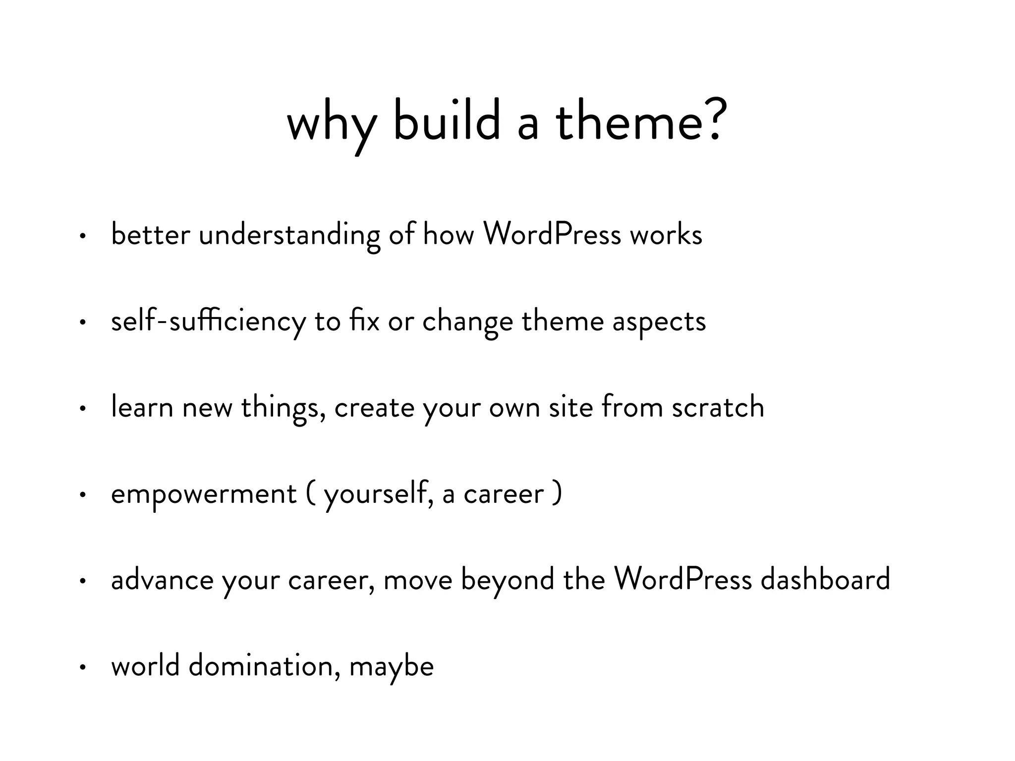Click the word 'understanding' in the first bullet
[x=289, y=234]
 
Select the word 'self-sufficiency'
[x=209, y=321]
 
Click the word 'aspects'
[x=659, y=322]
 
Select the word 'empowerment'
[x=204, y=494]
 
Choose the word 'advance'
[x=162, y=580]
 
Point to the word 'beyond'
[x=507, y=580]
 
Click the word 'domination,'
[x=265, y=665]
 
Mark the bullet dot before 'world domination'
[x=83, y=668]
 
